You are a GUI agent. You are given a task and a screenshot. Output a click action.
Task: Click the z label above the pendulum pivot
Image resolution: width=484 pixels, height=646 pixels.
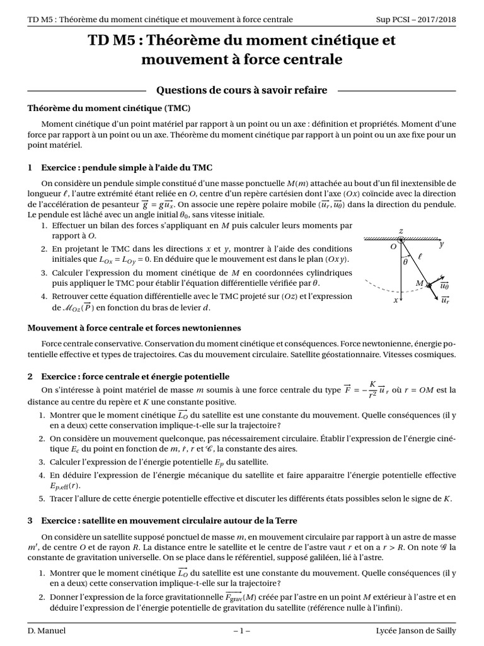(x=401, y=232)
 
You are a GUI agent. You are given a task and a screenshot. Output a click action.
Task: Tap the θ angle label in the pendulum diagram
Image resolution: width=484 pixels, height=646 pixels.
(x=405, y=261)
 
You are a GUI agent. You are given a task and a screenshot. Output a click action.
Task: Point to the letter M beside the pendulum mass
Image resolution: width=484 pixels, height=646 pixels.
(x=419, y=283)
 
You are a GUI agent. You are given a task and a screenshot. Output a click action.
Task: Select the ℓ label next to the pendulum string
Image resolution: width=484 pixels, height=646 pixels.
(x=420, y=257)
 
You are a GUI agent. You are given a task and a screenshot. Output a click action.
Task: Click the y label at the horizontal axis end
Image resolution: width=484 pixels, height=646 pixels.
(x=442, y=244)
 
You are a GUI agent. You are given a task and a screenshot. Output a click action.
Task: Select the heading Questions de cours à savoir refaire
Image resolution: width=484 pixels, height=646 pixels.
(x=241, y=90)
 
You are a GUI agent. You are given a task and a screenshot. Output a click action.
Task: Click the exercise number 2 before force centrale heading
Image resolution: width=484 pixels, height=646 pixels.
(x=30, y=376)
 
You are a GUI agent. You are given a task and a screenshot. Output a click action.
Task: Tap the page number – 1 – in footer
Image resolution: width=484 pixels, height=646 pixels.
(x=241, y=630)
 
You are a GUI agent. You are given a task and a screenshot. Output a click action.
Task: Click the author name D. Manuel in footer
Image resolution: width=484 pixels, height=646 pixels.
(x=47, y=630)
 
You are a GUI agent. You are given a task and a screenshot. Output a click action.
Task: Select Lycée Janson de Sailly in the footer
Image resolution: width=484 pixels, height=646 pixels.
(x=415, y=630)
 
